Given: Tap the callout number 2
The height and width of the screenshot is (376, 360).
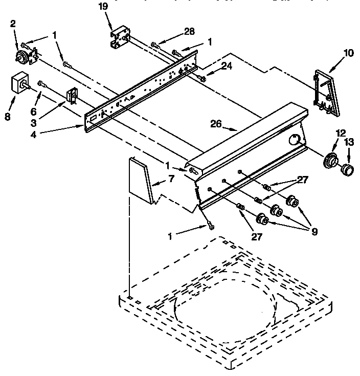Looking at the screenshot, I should click(x=13, y=24).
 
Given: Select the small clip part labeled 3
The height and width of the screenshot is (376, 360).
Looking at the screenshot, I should click(x=72, y=96).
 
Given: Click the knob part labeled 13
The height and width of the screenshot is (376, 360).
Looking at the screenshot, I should click(x=347, y=169).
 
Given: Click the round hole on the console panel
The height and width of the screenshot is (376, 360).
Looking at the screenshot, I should click(x=295, y=139).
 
